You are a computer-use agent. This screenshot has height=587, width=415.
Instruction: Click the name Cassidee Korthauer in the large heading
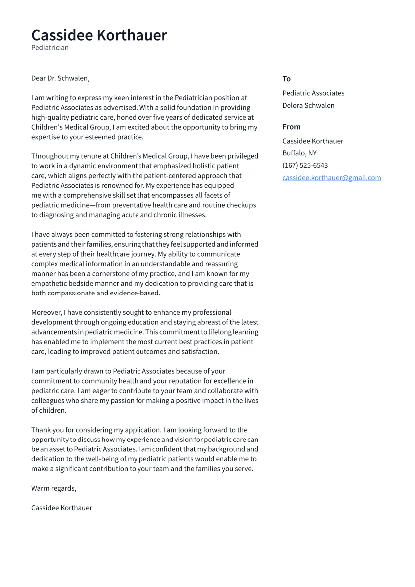99,35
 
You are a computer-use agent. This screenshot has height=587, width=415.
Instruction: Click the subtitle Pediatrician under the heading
50,48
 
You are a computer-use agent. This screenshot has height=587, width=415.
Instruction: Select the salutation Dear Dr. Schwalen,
60,78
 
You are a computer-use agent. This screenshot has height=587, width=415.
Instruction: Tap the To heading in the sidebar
286,79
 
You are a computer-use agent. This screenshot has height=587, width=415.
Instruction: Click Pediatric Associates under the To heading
313,93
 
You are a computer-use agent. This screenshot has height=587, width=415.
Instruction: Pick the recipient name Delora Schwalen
308,106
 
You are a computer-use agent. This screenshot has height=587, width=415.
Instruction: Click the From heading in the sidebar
291,127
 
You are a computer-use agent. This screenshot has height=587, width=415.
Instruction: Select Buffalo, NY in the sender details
299,153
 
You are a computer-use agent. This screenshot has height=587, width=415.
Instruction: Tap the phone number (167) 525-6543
305,166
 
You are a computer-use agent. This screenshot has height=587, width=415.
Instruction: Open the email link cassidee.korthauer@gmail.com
331,178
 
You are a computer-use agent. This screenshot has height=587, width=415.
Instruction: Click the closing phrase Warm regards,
54,488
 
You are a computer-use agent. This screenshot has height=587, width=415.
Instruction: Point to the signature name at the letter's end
62,508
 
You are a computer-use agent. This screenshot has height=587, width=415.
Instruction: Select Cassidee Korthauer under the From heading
313,141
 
